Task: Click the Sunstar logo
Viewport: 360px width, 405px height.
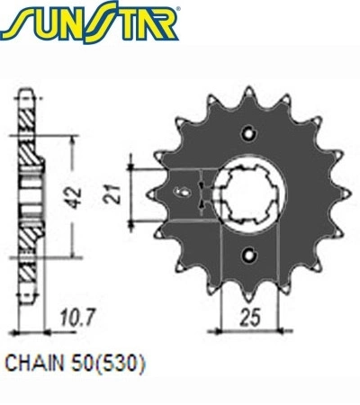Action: tap(90, 22)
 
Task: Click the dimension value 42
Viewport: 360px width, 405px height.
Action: tap(73, 197)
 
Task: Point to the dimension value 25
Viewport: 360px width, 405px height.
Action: tap(250, 317)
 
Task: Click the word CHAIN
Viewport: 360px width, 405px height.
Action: tap(35, 364)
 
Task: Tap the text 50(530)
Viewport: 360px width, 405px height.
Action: tap(108, 364)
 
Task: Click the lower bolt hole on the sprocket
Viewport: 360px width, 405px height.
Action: tap(249, 256)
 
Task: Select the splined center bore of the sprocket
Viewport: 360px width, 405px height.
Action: tap(248, 195)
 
